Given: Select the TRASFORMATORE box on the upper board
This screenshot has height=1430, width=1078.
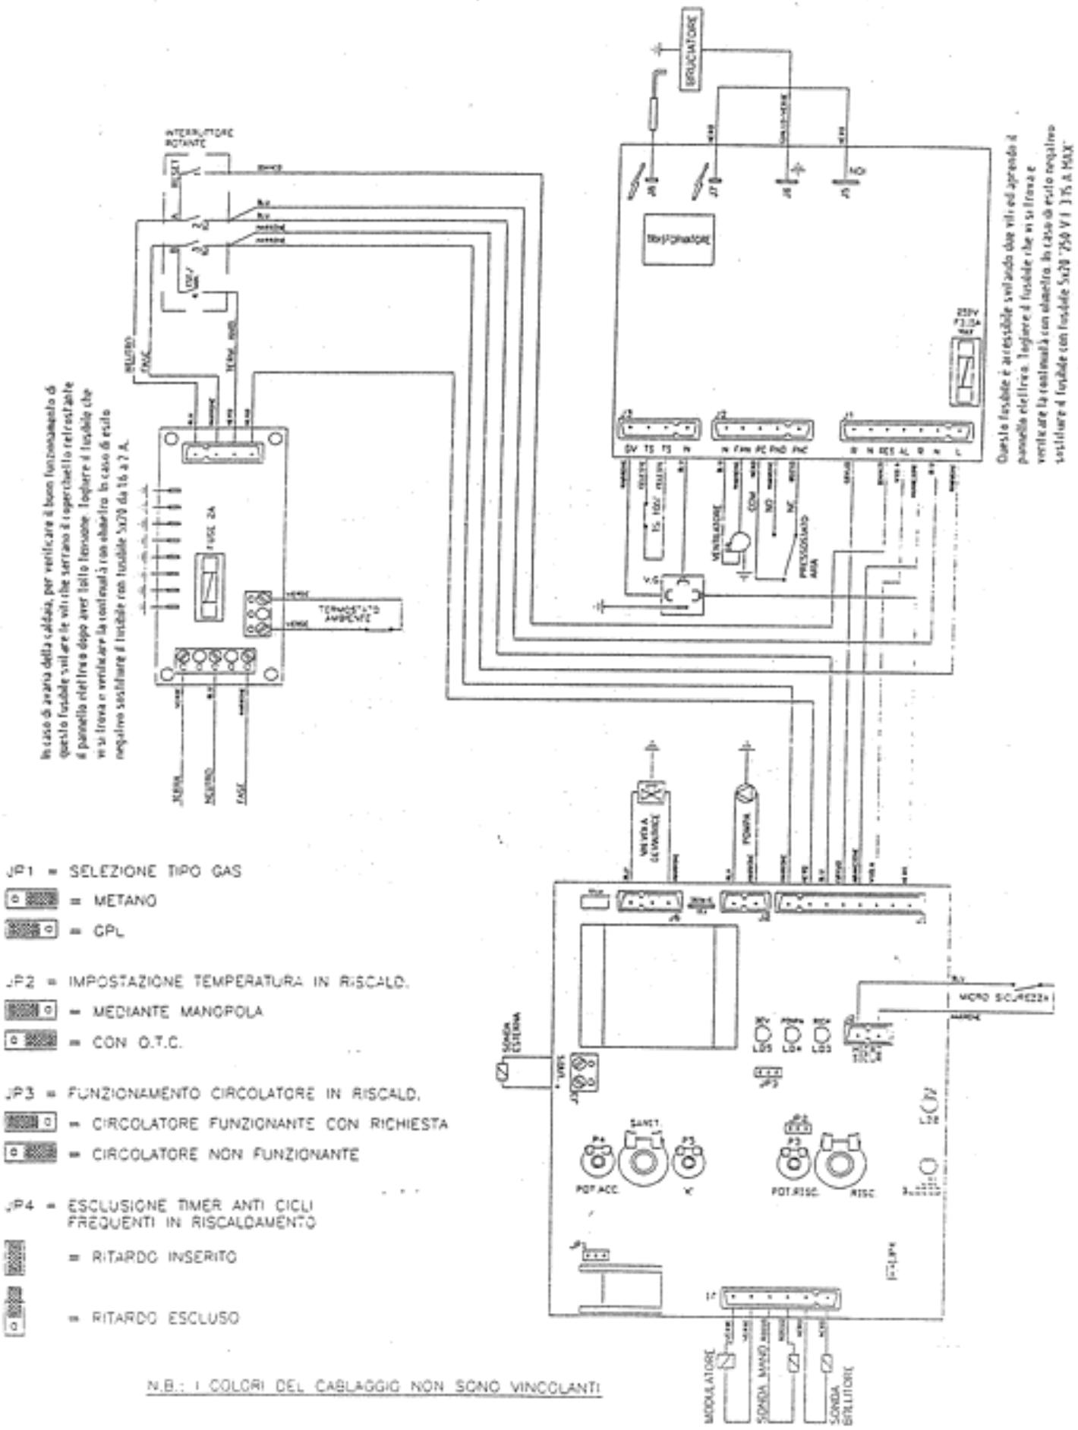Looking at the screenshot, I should click(678, 239).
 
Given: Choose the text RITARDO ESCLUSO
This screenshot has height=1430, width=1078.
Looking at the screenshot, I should click(165, 1318).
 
